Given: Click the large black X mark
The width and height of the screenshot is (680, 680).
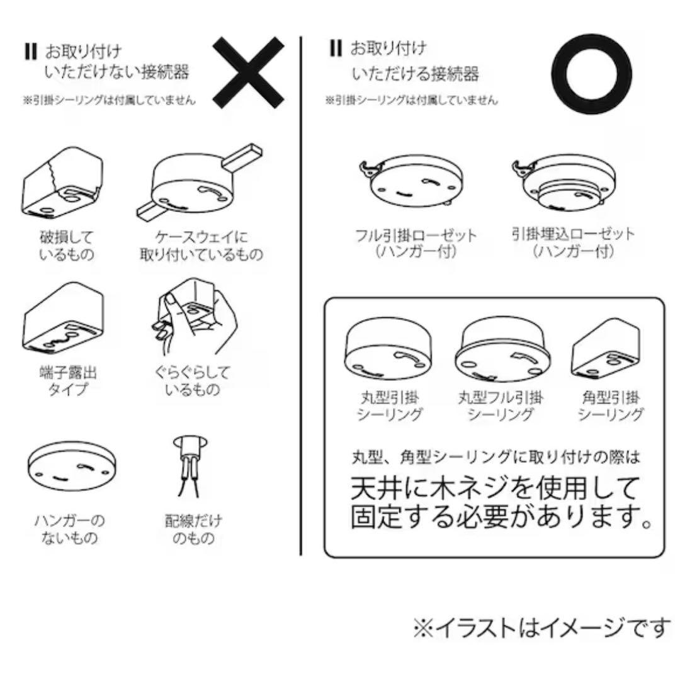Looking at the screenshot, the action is (248, 72).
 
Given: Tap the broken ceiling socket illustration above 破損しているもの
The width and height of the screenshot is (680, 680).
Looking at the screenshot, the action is (63, 182).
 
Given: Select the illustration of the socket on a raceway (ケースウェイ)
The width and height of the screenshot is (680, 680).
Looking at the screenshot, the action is (200, 182).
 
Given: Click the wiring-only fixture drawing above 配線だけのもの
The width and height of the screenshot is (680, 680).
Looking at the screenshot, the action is (190, 465).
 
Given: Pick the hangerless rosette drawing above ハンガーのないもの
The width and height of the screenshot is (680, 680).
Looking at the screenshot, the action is (72, 466).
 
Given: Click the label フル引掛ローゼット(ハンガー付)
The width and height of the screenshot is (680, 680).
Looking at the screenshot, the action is (416, 243).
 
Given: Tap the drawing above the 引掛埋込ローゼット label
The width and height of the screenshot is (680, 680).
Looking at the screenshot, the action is (564, 182).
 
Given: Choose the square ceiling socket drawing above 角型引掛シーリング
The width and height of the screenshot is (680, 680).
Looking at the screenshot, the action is (606, 349).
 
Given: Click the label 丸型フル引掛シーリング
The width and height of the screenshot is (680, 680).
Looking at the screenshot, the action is (501, 405).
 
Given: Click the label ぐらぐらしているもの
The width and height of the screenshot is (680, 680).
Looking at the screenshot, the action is (192, 380).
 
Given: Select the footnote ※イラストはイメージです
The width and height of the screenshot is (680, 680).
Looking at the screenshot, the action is (541, 628).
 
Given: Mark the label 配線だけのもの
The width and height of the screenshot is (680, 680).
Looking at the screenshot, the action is (193, 529).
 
